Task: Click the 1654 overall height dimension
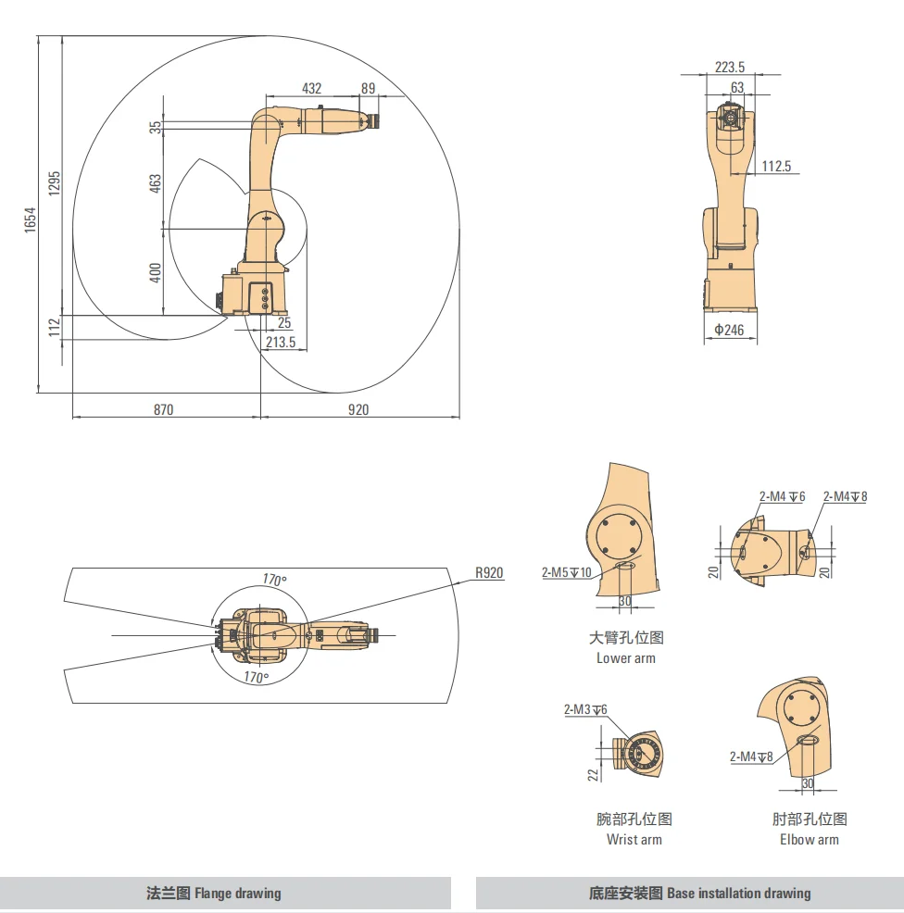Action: (x=31, y=220)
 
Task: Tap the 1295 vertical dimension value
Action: (x=54, y=183)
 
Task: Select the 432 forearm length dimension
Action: (x=311, y=88)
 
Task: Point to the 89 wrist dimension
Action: (x=368, y=88)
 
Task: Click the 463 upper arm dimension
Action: (x=155, y=183)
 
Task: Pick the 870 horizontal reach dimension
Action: (x=164, y=409)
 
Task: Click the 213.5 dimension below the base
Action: (x=281, y=342)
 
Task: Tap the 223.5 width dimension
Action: (x=730, y=67)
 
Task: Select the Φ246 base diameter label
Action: (x=729, y=330)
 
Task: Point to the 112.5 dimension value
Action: (x=776, y=166)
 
